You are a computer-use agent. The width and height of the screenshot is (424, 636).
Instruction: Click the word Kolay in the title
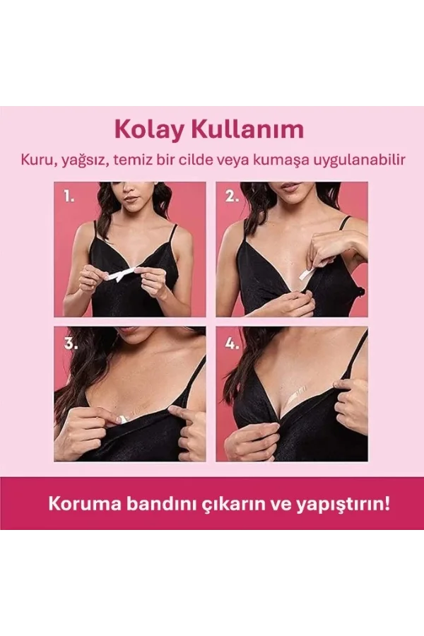pos(145,130)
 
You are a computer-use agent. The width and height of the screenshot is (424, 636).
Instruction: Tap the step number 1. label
pos(69,196)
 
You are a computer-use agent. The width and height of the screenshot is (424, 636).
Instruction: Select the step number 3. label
pos(70,343)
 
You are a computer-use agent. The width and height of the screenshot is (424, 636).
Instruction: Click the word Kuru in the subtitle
pos(33,160)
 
